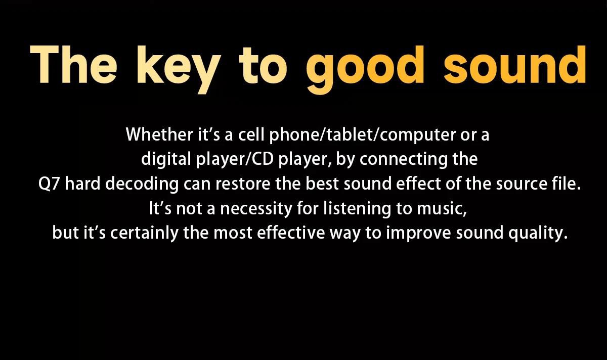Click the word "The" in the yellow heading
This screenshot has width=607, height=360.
point(73,65)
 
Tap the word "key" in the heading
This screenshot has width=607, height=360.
point(179,69)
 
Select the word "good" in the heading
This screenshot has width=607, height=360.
point(365,69)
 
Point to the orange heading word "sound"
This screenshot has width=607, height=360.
point(515,65)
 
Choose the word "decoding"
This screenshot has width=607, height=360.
point(142,185)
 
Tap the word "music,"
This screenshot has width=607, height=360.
point(442,209)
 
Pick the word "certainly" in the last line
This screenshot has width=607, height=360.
point(145,234)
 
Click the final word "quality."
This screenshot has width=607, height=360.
point(538,234)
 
